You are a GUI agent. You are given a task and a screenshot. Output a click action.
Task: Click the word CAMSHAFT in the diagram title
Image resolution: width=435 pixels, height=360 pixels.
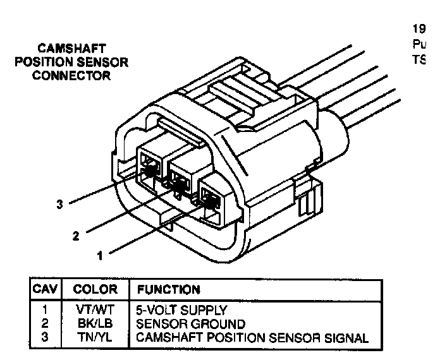click(71, 49)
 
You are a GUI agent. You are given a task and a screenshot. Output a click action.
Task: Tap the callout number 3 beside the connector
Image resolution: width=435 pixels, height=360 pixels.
click(59, 204)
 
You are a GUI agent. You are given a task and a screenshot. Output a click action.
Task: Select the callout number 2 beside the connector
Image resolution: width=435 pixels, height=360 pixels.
click(76, 236)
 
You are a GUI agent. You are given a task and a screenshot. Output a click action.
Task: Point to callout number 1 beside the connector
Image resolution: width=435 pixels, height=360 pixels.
click(99, 256)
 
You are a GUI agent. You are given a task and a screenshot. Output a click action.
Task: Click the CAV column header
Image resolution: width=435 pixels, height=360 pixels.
click(45, 290)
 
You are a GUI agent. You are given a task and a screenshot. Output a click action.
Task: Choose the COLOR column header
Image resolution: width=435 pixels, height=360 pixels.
click(95, 290)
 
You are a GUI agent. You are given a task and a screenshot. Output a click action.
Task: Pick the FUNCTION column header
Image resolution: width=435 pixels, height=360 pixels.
click(168, 290)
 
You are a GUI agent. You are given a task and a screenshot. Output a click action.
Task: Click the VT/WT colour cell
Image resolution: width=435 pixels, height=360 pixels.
click(95, 311)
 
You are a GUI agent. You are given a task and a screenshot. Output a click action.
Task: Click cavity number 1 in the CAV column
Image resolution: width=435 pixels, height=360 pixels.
click(45, 311)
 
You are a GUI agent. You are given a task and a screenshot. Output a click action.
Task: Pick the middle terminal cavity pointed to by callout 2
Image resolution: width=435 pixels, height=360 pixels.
click(181, 183)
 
